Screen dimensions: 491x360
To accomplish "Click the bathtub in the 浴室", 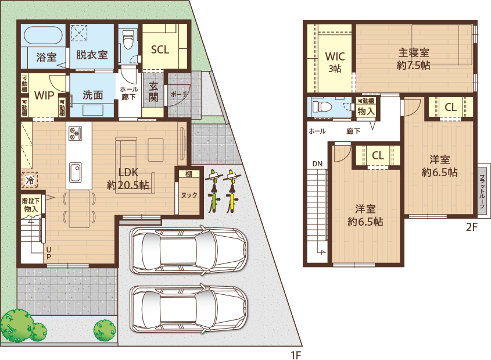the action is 43,35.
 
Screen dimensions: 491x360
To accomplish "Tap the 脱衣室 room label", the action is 92,55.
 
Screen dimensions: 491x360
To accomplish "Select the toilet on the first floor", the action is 128,39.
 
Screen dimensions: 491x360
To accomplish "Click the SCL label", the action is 160,49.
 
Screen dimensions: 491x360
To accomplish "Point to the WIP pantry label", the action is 44,95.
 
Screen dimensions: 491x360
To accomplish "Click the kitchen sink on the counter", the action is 76,172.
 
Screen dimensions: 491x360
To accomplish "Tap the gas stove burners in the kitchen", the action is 75,133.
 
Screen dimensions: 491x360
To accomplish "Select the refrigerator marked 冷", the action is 30,180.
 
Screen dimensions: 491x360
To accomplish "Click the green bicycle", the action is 214,191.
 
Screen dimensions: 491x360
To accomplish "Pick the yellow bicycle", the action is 232,191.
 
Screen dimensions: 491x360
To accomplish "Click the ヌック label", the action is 189,195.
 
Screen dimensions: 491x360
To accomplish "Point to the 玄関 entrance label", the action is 153,92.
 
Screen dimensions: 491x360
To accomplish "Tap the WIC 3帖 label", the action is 335,62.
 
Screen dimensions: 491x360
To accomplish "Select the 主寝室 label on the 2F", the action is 413,52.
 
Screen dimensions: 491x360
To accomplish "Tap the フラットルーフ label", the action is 482,191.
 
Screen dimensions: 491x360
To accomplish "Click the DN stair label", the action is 317,163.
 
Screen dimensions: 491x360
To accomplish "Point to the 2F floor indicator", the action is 472,227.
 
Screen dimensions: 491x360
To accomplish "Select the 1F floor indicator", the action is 296,355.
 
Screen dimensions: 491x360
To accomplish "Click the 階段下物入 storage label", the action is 31,205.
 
